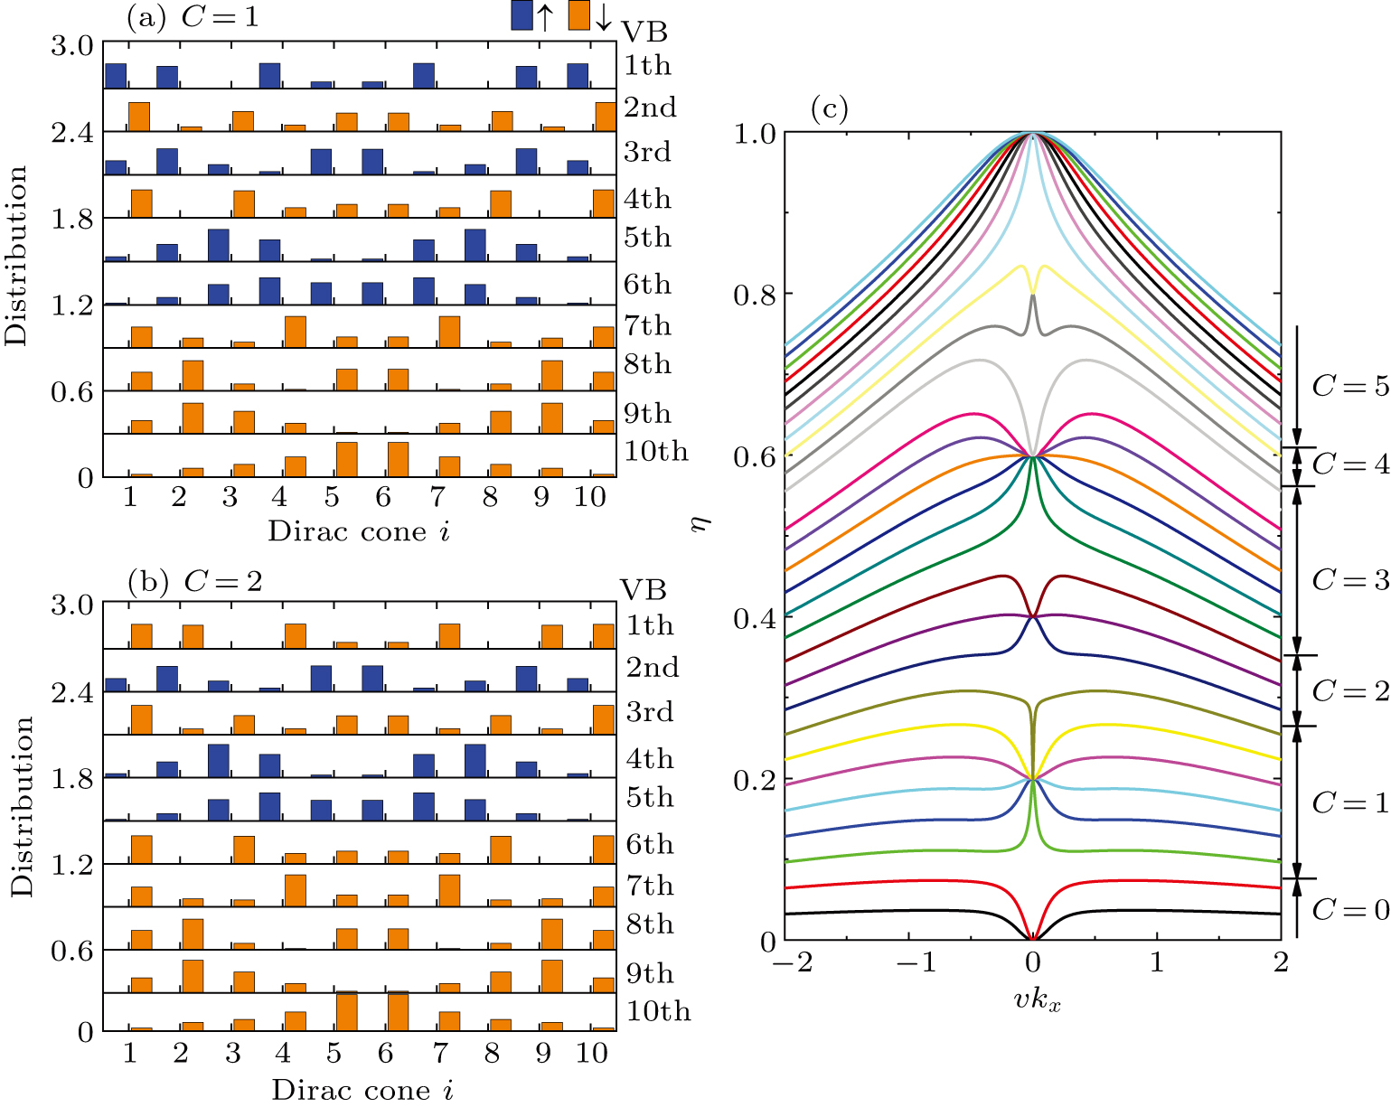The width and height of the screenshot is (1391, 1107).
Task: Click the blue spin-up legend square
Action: [522, 15]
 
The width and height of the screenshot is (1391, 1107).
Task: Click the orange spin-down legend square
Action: [579, 15]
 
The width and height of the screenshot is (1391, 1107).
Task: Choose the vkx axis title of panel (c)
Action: [1036, 1000]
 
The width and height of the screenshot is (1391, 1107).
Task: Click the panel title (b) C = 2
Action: [195, 581]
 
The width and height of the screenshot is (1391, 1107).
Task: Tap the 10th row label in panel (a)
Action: [656, 452]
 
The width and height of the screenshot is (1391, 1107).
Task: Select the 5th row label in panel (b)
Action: [650, 798]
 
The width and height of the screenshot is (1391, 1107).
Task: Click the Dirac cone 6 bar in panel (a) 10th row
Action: [399, 459]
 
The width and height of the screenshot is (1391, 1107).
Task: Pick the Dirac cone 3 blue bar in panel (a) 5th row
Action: [218, 245]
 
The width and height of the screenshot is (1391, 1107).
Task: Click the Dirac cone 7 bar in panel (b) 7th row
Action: [449, 890]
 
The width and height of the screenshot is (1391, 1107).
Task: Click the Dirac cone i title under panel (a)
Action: [359, 531]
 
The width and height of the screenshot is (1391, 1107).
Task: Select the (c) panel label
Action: [829, 110]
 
